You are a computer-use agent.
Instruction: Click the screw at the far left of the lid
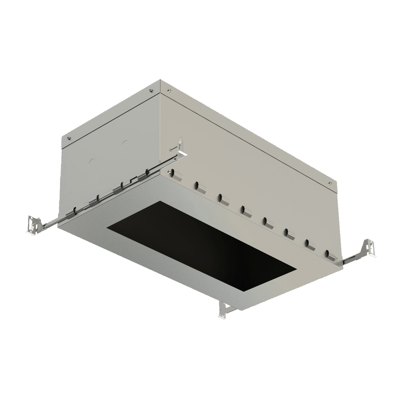[x=70, y=139]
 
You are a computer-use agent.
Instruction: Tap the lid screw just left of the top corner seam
[x=152, y=91]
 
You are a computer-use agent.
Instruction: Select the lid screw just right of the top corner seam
[x=170, y=90]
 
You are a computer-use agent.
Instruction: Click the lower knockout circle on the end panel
[x=92, y=162]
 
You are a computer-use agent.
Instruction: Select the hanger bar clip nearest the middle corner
[x=150, y=172]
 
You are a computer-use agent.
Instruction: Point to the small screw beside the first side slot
[x=170, y=172]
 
